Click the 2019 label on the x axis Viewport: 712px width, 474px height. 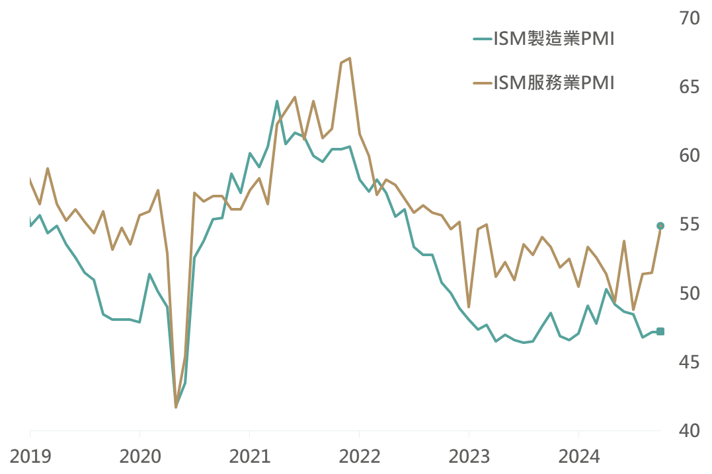30,456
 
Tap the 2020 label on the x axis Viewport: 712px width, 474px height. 140,456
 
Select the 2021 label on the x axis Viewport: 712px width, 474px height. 249,456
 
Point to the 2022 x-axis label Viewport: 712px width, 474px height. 359,456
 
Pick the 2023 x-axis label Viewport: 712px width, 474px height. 469,456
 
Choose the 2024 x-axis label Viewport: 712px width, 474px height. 578,456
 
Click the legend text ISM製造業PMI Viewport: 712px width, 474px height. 554,40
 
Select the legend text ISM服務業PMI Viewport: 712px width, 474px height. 554,83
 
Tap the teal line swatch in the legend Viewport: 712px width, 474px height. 483,40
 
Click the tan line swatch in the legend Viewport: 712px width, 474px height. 483,83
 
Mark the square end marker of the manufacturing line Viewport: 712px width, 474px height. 660,331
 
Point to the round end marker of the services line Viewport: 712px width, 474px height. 660,226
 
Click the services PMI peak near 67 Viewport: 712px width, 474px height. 349,58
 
